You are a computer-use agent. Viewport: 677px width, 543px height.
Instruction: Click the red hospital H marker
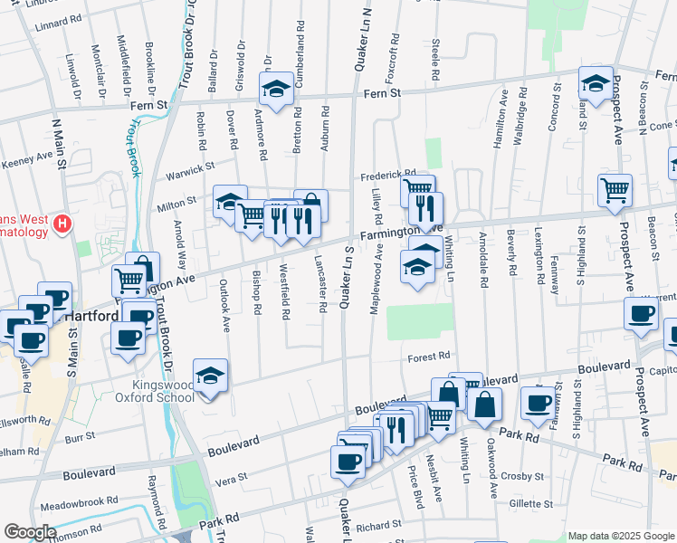[x=62, y=223]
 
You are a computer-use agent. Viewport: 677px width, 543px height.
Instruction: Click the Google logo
[x=30, y=532]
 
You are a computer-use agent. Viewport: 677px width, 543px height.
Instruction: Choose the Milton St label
[x=178, y=201]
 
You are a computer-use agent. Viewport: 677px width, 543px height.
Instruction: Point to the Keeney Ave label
[x=26, y=159]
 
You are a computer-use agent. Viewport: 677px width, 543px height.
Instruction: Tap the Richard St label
[x=378, y=525]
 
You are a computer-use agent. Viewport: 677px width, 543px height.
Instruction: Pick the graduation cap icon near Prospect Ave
[x=596, y=83]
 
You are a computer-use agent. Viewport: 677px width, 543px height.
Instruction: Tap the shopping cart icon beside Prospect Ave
[x=615, y=190]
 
